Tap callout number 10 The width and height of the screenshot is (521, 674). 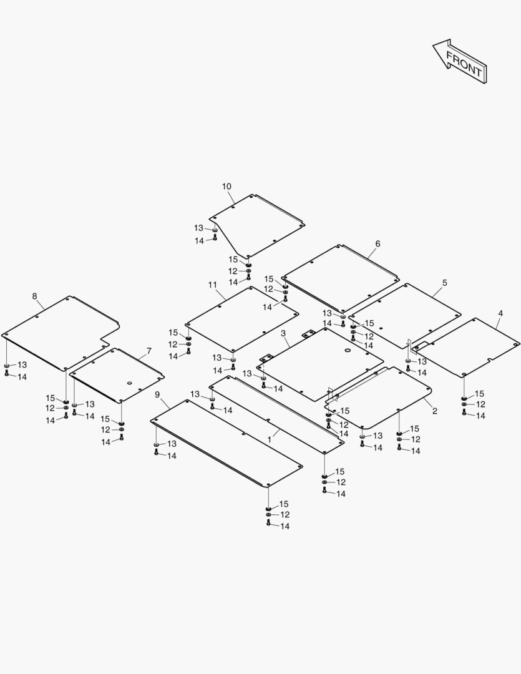tap(226, 187)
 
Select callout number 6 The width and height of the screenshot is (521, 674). tap(377, 243)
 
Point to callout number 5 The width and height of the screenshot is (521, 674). tap(444, 283)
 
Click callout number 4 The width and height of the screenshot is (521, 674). tap(500, 313)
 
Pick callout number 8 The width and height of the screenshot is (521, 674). tap(35, 296)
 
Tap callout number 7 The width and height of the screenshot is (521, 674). tap(149, 351)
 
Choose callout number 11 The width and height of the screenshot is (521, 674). tap(212, 285)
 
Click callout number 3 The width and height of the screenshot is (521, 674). tap(283, 334)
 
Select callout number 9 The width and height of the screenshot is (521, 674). tap(157, 394)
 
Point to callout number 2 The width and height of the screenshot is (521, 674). tap(434, 411)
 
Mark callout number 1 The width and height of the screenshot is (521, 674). tap(270, 439)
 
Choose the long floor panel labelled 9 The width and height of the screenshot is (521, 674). tap(225, 440)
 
